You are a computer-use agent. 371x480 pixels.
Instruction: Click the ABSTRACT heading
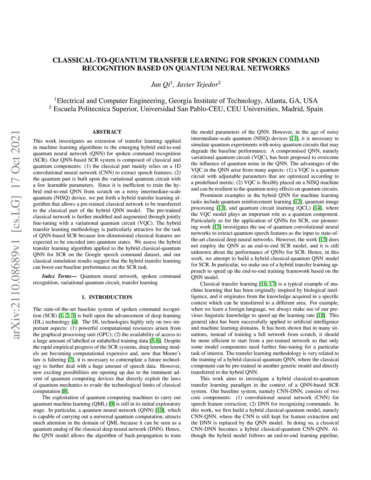point(107,132)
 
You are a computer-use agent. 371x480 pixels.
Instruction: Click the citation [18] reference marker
point(321,315)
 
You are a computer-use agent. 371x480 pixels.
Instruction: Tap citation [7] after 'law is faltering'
point(71,360)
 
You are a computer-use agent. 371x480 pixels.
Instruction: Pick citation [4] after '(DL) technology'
point(75,322)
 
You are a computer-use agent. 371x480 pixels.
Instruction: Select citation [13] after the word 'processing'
point(221,208)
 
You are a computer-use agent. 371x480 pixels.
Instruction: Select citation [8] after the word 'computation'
point(64,391)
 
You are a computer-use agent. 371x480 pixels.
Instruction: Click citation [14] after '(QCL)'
point(317,208)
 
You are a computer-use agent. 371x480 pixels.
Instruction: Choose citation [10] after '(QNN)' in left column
point(160,410)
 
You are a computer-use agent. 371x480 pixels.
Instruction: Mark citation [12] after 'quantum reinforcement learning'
point(297,202)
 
